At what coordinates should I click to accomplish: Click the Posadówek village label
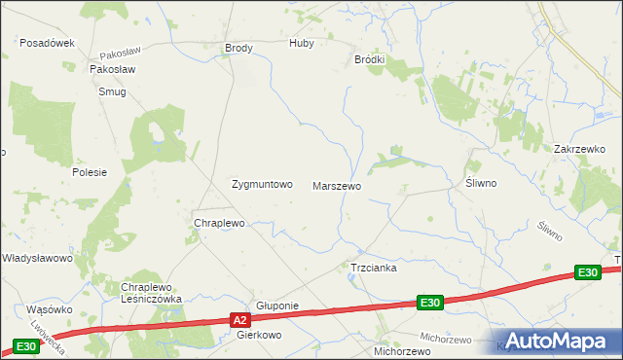[48, 44]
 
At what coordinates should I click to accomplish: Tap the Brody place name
[238, 48]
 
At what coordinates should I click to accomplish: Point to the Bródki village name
[369, 59]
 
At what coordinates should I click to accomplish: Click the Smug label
[112, 91]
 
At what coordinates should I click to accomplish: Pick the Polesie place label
[89, 171]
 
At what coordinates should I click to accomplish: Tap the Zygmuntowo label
[261, 184]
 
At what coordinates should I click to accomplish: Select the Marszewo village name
[337, 185]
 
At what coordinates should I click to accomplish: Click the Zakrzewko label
[579, 149]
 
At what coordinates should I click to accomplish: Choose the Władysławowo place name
[37, 258]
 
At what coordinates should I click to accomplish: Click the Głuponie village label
[276, 306]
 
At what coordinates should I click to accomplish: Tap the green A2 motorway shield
[241, 319]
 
